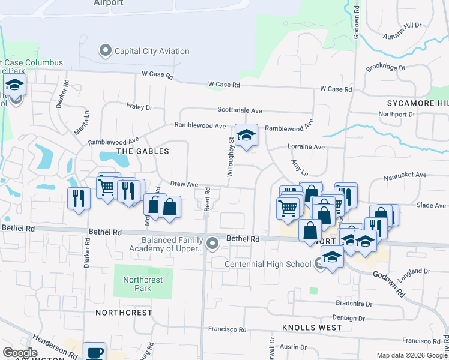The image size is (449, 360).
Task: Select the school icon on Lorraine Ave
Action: pyautogui.click(x=246, y=136)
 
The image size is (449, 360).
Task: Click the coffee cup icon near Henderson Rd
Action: pyautogui.click(x=94, y=352)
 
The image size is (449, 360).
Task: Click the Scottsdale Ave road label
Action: pyautogui.click(x=240, y=110)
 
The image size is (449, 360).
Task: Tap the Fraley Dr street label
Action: pyautogui.click(x=139, y=107)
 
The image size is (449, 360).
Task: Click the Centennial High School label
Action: pyautogui.click(x=268, y=264)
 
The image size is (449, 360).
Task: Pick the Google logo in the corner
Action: pyautogui.click(x=20, y=353)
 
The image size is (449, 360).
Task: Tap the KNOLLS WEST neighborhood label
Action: pyautogui.click(x=312, y=328)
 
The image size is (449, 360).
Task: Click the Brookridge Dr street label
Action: pyautogui.click(x=386, y=67)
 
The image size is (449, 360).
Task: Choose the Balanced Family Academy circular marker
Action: pyautogui.click(x=212, y=244)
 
